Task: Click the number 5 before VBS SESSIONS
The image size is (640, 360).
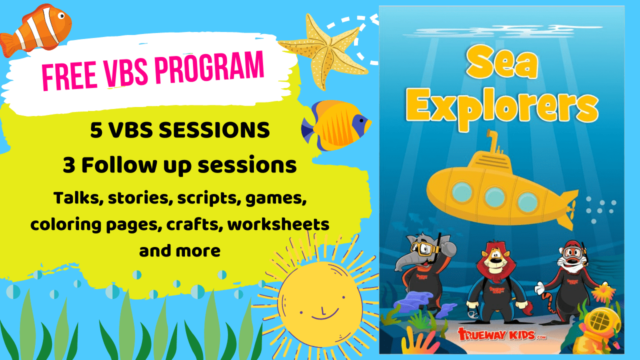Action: [x=96, y=130]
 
